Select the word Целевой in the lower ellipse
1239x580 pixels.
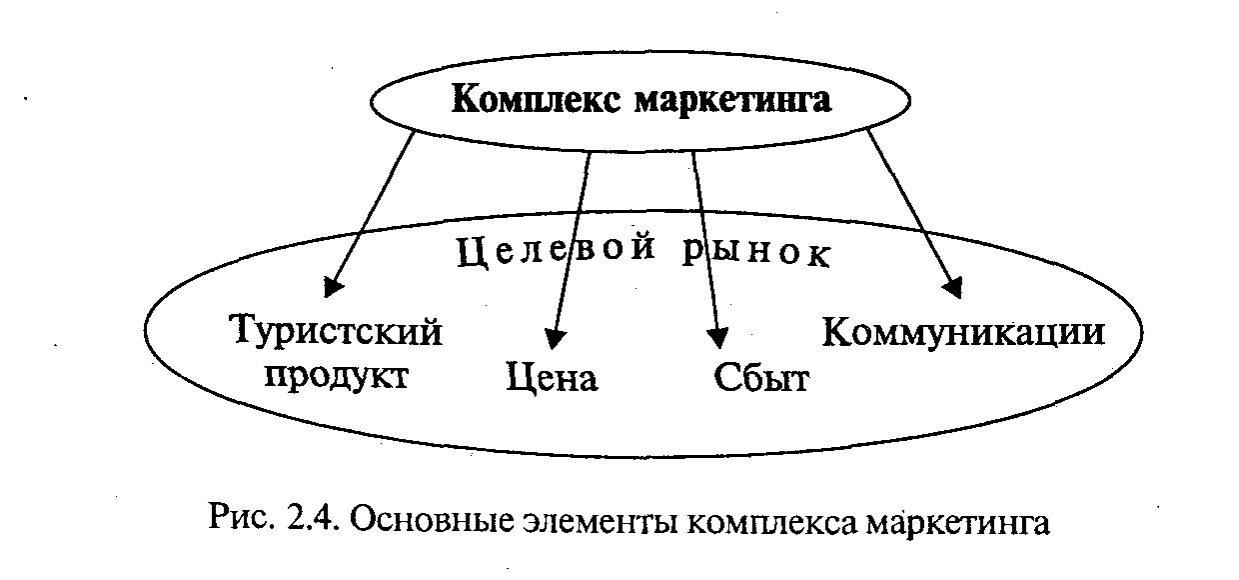pyautogui.click(x=557, y=251)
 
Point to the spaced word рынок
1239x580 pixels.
pyautogui.click(x=757, y=251)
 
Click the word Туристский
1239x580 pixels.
pyautogui.click(x=337, y=332)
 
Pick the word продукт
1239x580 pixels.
pyautogui.click(x=337, y=377)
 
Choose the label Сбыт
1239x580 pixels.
pyautogui.click(x=760, y=378)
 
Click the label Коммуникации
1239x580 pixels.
pyautogui.click(x=963, y=332)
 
